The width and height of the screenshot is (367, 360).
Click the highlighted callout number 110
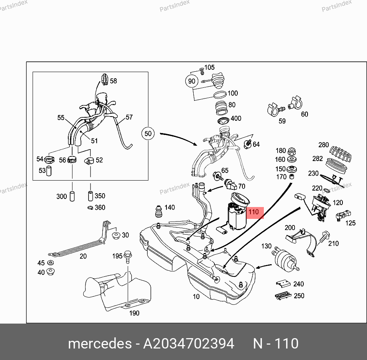[254, 212]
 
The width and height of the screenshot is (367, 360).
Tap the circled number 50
[148, 133]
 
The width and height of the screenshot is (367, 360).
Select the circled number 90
[192, 81]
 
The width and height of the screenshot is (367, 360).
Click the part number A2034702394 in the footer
[188, 344]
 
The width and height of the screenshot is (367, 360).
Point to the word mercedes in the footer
[100, 344]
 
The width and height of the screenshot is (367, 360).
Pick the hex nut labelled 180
[291, 151]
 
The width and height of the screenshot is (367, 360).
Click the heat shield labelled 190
[117, 291]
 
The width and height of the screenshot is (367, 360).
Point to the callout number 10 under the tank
[196, 297]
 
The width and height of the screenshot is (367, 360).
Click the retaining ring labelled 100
[220, 94]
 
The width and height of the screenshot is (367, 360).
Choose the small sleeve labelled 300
[72, 196]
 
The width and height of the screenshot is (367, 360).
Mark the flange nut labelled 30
[116, 235]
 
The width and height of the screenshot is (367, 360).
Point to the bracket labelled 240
[283, 283]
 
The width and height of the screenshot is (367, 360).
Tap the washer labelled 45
[50, 263]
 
